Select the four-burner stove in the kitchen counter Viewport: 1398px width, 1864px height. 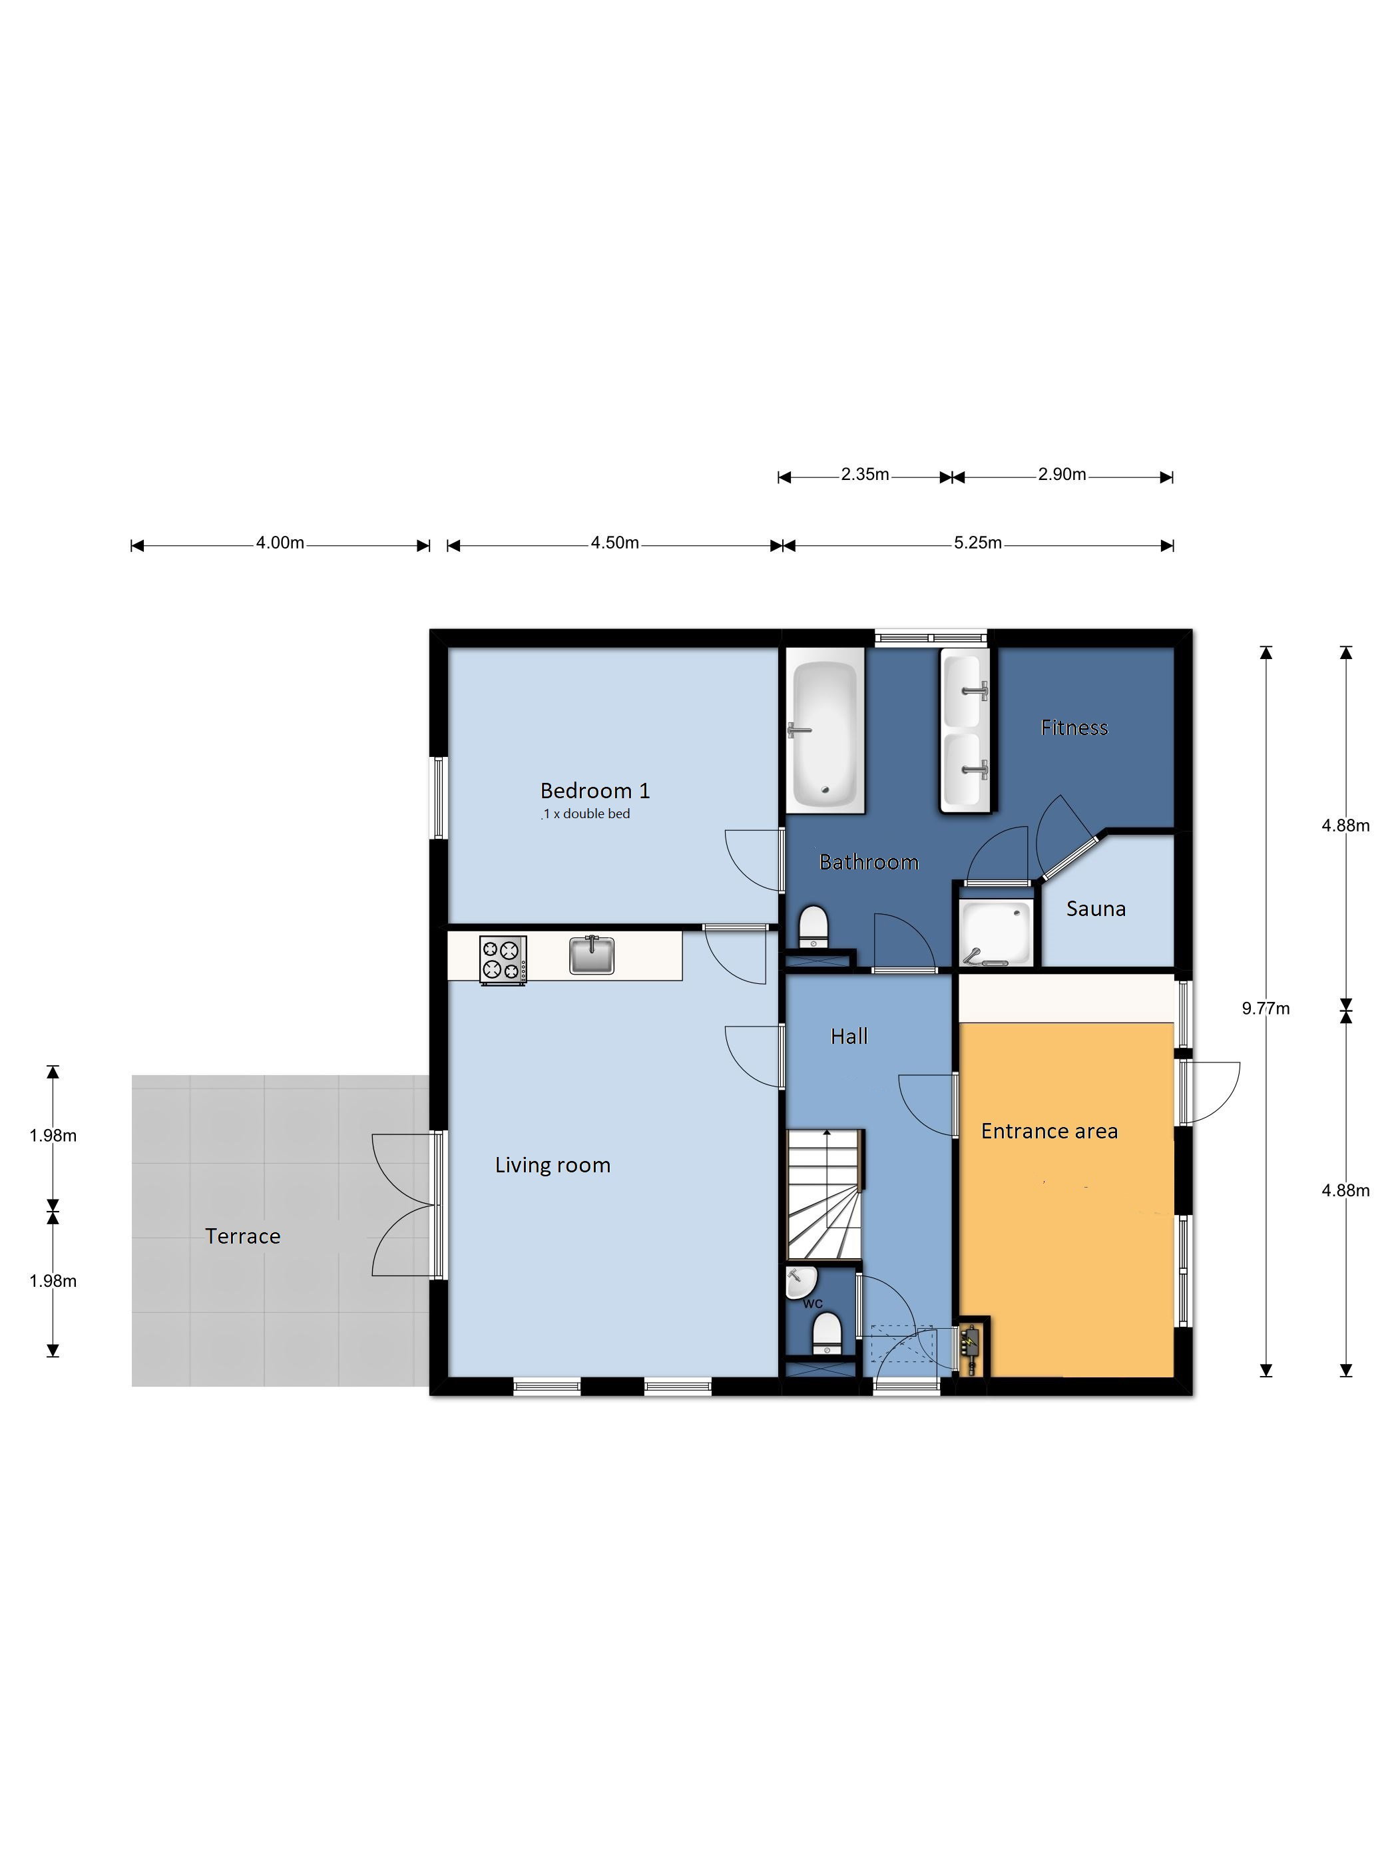click(503, 960)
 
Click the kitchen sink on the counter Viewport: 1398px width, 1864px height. click(592, 954)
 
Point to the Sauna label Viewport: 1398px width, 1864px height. click(1096, 909)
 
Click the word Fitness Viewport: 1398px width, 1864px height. click(1074, 727)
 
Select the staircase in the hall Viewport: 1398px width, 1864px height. click(825, 1195)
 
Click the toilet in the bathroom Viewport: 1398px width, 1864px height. click(814, 926)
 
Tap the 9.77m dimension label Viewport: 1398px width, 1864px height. click(1265, 1009)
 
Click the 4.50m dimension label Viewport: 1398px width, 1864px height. click(614, 543)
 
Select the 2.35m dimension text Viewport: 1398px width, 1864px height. click(865, 475)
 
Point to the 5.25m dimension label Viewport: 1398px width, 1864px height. click(977, 543)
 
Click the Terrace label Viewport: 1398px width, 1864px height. click(243, 1236)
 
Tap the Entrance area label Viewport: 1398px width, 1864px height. click(1049, 1131)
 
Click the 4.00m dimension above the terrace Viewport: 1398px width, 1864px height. click(280, 543)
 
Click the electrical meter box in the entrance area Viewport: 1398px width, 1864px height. click(973, 1347)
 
